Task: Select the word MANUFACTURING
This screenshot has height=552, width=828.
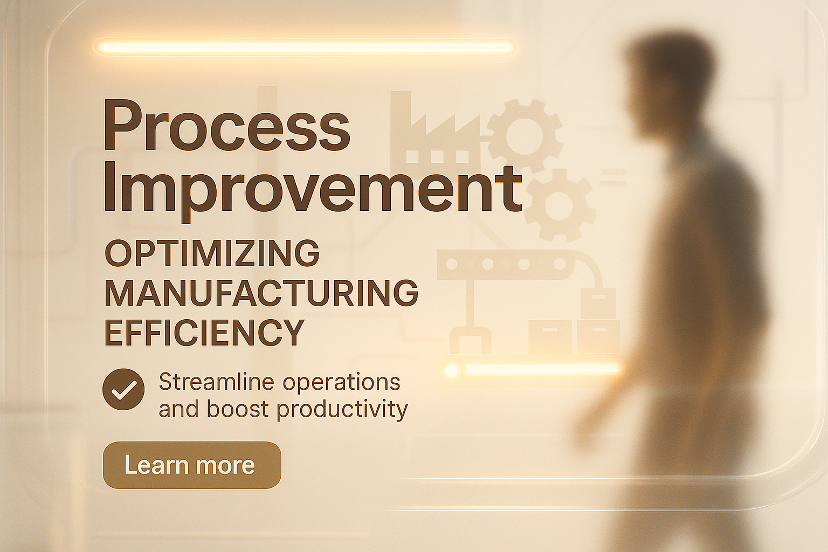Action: tap(261, 293)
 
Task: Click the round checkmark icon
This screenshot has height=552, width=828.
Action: tap(123, 389)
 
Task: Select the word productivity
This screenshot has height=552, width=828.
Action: tap(342, 410)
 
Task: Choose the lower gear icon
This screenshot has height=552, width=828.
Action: tap(560, 205)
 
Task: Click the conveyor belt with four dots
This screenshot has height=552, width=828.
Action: tap(505, 264)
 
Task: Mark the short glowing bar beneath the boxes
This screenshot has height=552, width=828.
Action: tap(532, 369)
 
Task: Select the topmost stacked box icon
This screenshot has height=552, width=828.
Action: tap(598, 303)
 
